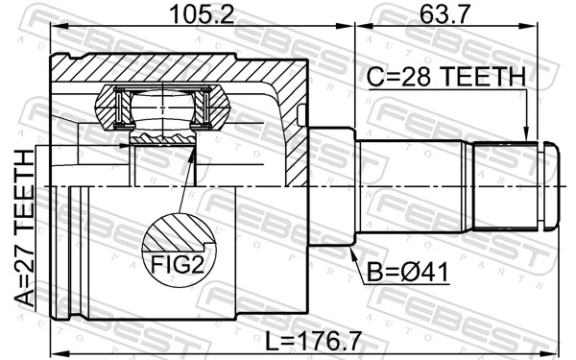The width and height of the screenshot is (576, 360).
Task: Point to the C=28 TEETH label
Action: pyautogui.click(x=444, y=77)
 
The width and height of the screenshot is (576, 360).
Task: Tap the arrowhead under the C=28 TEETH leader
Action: pyautogui.click(x=526, y=135)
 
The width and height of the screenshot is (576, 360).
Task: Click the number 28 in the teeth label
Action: pyautogui.click(x=417, y=77)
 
